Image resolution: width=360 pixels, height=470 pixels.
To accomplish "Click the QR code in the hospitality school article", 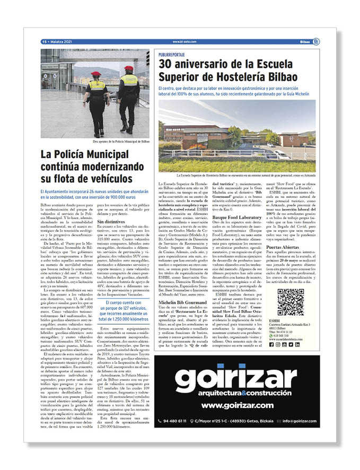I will tap(291, 302).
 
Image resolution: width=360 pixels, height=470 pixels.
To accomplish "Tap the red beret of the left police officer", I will tap(96, 74).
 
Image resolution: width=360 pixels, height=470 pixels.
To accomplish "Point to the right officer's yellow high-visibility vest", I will tap(128, 85).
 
